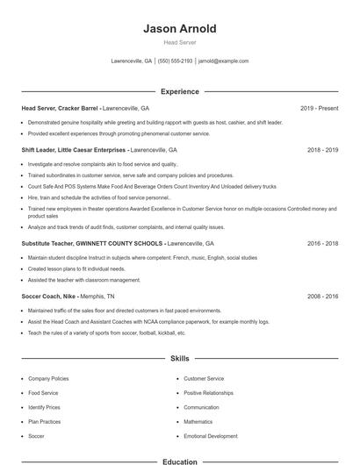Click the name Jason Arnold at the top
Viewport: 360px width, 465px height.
point(179,29)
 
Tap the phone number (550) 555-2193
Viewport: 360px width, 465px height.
point(176,61)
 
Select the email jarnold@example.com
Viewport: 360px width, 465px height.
point(223,61)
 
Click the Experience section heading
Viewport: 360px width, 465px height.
point(179,91)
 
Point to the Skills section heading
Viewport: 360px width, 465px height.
point(179,359)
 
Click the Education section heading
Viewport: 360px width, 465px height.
point(179,461)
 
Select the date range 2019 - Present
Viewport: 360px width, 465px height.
point(319,109)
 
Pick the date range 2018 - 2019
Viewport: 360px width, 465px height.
point(322,150)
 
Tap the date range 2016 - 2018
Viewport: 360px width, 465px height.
point(322,243)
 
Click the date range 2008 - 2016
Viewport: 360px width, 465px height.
point(322,297)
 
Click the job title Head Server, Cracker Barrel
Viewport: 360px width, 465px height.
point(61,109)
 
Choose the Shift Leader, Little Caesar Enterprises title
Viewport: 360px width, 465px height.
point(74,150)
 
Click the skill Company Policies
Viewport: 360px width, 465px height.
point(48,378)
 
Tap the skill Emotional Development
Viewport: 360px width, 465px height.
point(211,436)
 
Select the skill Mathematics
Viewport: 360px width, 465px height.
point(198,422)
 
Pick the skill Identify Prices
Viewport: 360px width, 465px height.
point(44,407)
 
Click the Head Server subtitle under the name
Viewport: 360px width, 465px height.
point(179,42)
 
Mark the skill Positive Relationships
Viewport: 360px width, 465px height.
point(209,393)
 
